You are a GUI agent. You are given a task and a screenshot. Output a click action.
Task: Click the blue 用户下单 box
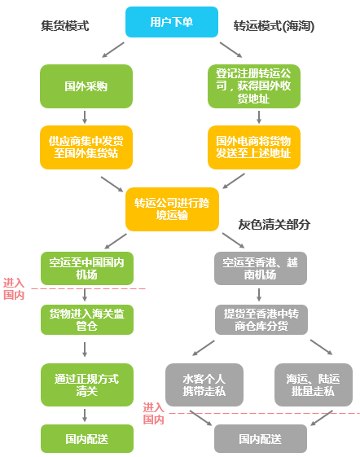[x=172, y=22]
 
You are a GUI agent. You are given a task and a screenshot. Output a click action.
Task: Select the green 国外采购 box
[x=86, y=86]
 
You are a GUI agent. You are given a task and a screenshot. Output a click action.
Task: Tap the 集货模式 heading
[x=64, y=25]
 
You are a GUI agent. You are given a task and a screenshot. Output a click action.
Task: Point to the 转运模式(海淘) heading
[x=274, y=26]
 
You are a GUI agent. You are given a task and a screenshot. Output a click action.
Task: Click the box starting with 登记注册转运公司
[x=254, y=86]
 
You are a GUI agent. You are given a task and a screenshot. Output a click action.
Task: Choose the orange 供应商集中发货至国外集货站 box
[x=86, y=147]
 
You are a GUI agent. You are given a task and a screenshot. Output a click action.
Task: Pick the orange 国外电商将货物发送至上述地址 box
[x=254, y=147]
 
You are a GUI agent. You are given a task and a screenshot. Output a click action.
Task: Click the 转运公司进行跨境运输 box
[x=172, y=209]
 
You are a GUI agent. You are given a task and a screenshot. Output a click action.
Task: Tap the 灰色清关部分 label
[x=274, y=224]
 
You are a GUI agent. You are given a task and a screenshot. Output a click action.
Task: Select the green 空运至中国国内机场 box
[x=87, y=269]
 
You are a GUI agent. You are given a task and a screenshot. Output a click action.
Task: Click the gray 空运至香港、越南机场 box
[x=261, y=269]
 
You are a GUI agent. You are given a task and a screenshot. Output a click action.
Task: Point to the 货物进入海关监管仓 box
[x=87, y=319]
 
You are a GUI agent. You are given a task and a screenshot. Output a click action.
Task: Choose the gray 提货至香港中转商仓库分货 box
[x=261, y=319]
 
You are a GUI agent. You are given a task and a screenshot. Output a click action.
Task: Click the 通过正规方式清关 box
[x=87, y=384]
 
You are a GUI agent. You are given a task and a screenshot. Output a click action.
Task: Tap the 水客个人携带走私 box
[x=204, y=384]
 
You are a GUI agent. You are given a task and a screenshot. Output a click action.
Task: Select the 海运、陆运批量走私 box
[x=314, y=384]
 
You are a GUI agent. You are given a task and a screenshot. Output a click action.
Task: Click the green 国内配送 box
[x=87, y=438]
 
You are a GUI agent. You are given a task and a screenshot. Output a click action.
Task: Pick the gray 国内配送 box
[x=261, y=438]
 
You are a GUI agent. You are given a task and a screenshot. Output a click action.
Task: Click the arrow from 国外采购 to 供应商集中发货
[x=85, y=116]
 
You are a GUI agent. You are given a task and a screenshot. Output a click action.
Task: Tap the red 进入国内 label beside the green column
[x=14, y=289]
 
